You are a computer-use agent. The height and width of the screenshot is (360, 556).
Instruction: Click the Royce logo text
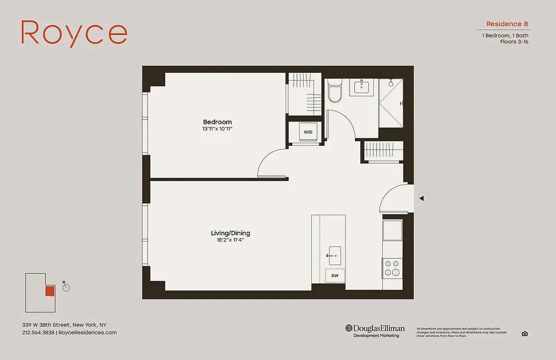[x=74, y=33]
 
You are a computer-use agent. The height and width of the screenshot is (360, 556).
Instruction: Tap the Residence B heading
[x=507, y=24]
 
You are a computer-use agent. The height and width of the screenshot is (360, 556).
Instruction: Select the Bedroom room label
[x=217, y=122]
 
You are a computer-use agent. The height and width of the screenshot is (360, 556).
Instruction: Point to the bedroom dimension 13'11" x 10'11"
[x=217, y=129]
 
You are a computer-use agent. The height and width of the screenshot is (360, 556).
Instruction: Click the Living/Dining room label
[x=230, y=233]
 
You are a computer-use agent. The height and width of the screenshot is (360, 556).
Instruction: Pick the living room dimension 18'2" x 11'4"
[x=230, y=240]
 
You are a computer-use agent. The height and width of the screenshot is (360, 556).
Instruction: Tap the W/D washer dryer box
[x=308, y=132]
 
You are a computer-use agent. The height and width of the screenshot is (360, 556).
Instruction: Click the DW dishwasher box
[x=335, y=276]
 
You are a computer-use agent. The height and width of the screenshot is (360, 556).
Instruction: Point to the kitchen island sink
[x=334, y=256]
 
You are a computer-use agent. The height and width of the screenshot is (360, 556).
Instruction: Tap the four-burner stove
[x=392, y=268]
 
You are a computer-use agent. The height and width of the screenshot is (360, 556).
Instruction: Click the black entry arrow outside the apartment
[x=421, y=198]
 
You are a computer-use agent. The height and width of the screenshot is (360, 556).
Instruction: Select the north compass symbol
[x=67, y=287]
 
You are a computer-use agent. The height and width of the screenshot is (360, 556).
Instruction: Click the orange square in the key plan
[x=49, y=291]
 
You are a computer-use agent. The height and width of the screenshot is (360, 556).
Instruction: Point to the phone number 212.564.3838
[x=38, y=333]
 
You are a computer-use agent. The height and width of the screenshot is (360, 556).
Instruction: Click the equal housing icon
[x=525, y=333]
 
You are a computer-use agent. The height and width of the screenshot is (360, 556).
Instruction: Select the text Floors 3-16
[x=514, y=42]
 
